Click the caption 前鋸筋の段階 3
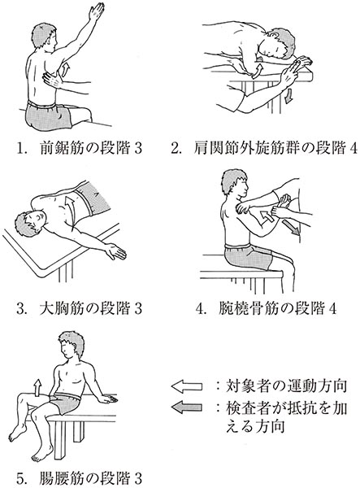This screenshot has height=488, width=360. click(x=80, y=149)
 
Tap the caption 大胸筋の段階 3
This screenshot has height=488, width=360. click(x=80, y=308)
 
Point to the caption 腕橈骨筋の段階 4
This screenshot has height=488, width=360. click(x=266, y=308)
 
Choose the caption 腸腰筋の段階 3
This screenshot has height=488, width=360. click(x=80, y=480)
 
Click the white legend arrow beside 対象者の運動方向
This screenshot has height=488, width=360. click(x=187, y=386)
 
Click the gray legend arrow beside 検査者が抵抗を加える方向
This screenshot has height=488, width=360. click(x=187, y=407)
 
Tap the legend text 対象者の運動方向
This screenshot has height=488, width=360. click(x=286, y=386)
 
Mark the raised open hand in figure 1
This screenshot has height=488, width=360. click(x=97, y=11)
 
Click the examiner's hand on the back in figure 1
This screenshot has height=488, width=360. click(x=53, y=80)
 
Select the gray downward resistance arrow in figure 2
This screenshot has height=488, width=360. click(x=289, y=96)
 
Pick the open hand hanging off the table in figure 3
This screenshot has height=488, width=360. click(x=115, y=251)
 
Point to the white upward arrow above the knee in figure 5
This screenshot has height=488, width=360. click(x=38, y=388)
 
